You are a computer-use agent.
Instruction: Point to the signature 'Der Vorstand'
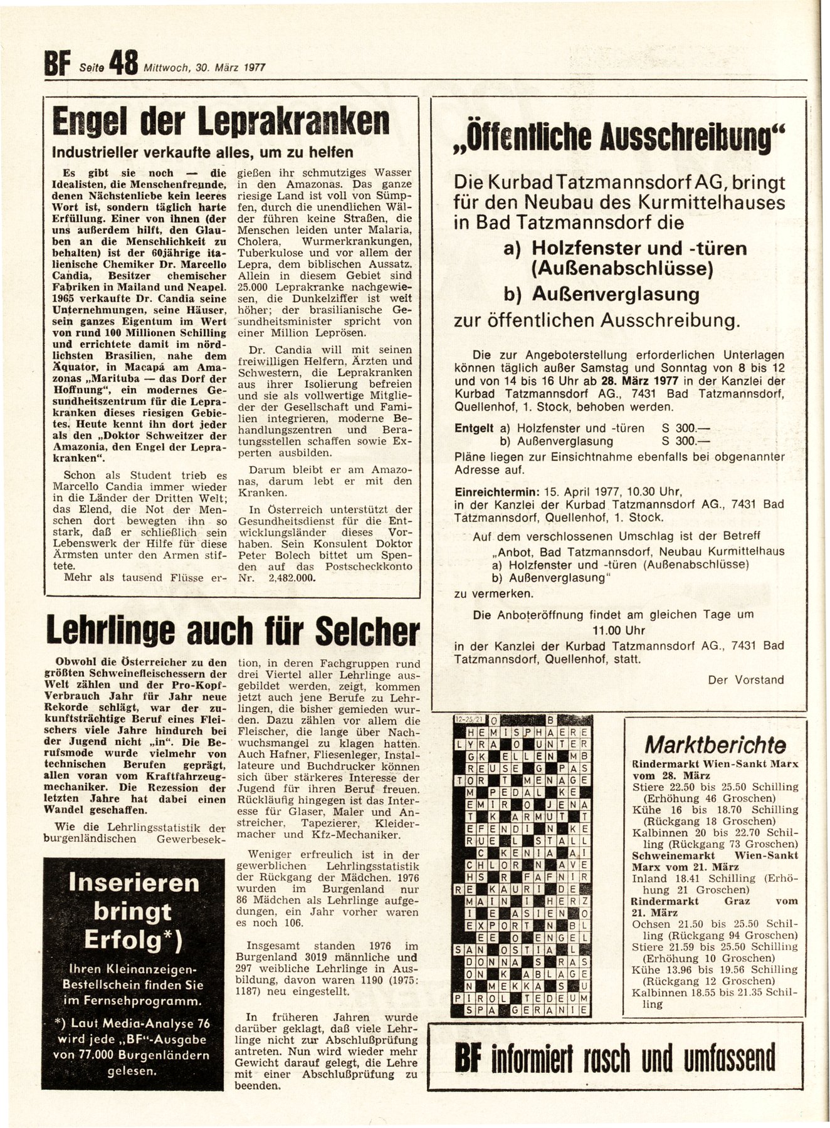tap(746, 679)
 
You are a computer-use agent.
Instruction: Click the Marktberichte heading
tap(715, 745)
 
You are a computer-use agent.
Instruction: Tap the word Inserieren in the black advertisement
tap(134, 883)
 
